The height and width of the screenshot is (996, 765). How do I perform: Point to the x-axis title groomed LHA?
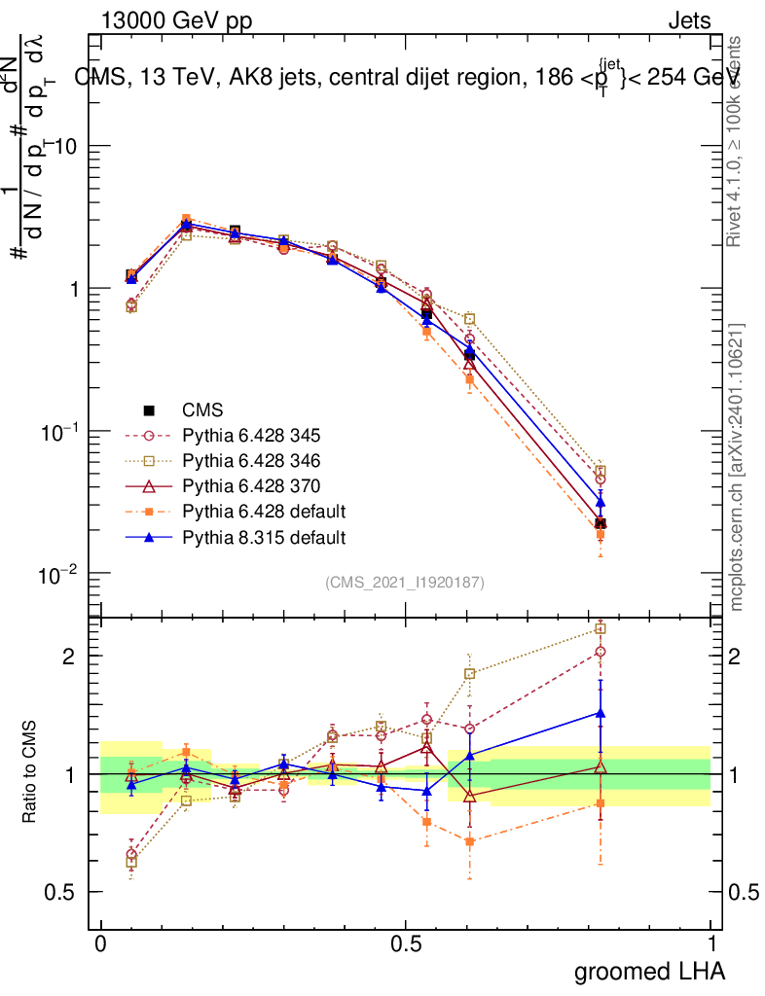(x=649, y=972)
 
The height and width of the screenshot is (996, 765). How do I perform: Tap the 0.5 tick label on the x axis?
(x=406, y=944)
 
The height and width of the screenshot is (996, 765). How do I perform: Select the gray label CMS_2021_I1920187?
(x=405, y=582)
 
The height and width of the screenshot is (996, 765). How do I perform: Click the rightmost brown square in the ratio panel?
(x=601, y=629)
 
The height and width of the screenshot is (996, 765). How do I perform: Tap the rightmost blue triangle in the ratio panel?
(x=601, y=713)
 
